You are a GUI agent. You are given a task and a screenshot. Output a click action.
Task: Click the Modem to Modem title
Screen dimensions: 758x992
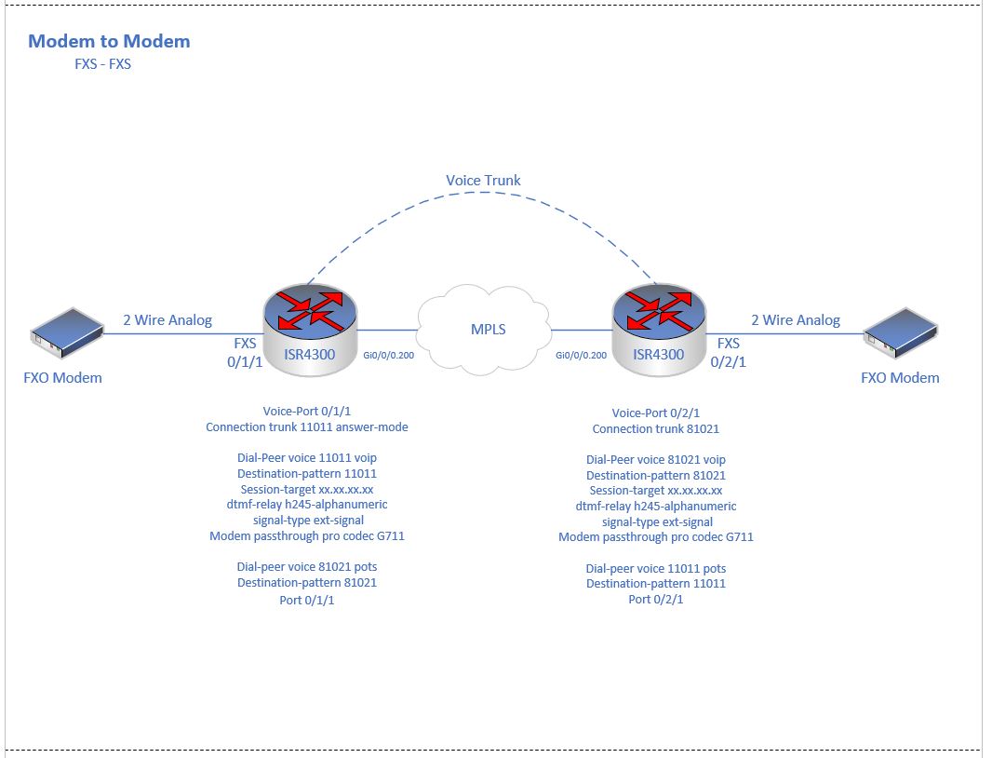109,41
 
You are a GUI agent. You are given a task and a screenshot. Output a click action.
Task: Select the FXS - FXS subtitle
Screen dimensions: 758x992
102,65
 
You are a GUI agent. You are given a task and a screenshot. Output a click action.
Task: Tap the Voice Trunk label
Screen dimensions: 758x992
483,181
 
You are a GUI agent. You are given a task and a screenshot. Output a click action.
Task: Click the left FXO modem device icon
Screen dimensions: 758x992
64,335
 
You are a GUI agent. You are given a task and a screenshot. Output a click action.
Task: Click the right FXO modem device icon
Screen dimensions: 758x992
900,335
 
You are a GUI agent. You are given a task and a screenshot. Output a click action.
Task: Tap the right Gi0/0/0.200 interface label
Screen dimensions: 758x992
581,355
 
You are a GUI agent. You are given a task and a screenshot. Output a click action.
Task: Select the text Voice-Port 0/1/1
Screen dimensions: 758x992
306,412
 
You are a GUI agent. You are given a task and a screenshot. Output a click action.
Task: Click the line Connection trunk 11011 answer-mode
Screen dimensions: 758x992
306,427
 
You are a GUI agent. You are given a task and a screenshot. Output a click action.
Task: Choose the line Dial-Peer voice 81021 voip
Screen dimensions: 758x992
655,459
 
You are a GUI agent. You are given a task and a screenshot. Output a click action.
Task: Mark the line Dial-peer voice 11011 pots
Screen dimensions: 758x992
655,568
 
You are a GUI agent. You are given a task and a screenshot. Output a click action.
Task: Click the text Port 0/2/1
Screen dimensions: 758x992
655,600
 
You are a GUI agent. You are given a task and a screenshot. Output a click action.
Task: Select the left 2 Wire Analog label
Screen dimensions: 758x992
168,320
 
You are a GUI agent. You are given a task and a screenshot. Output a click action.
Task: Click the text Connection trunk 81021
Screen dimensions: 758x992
655,429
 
